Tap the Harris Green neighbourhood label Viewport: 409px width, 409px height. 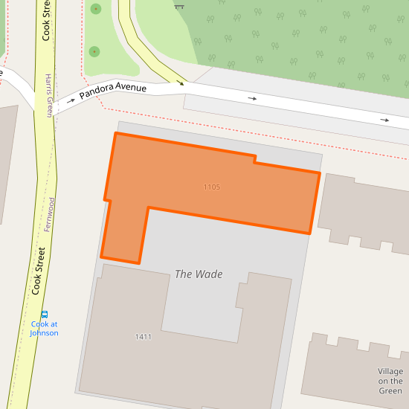[x=49, y=96]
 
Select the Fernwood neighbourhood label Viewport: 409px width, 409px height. [x=50, y=214]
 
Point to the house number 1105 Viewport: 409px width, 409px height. [x=212, y=187]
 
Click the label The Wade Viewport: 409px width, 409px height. [x=199, y=274]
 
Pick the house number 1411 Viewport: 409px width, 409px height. [x=144, y=337]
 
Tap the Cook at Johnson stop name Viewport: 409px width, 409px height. [x=44, y=328]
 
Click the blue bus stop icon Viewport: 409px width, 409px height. [x=45, y=314]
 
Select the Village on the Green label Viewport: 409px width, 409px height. [x=390, y=381]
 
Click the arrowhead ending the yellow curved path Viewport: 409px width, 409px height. [x=180, y=82]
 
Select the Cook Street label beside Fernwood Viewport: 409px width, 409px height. [x=39, y=271]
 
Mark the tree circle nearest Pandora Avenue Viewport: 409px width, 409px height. [x=94, y=51]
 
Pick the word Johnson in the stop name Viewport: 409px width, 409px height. [x=44, y=332]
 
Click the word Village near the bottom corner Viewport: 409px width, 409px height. [x=390, y=371]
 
